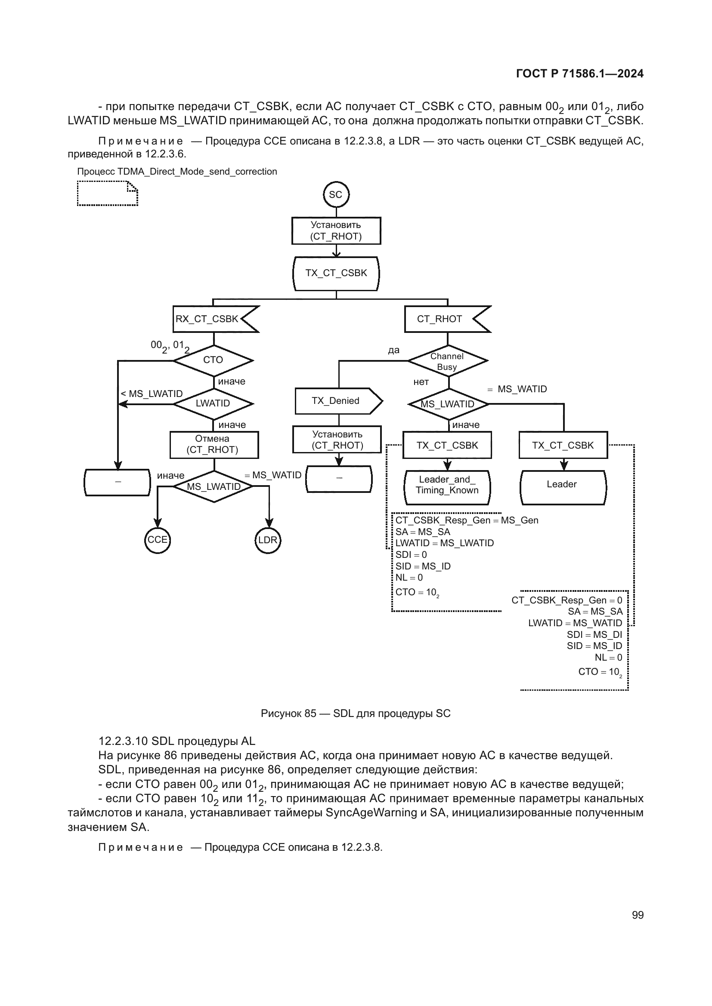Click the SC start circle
pos(336,194)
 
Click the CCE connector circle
pos(158,540)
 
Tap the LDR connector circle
pos(267,540)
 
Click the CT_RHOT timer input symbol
pos(445,319)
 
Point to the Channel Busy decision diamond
pos(447,361)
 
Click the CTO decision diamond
pos(214,360)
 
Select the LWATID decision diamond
pos(214,403)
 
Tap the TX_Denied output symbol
pos(337,401)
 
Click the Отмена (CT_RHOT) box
pos(214,444)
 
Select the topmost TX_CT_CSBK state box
pos(336,274)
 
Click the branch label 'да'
pos(393,350)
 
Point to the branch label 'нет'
pos(421,382)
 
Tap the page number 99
pos(638,915)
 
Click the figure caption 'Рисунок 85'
pos(355,713)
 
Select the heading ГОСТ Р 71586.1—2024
pos(579,74)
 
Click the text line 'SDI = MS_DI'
pos(594,634)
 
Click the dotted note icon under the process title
pos(108,193)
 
